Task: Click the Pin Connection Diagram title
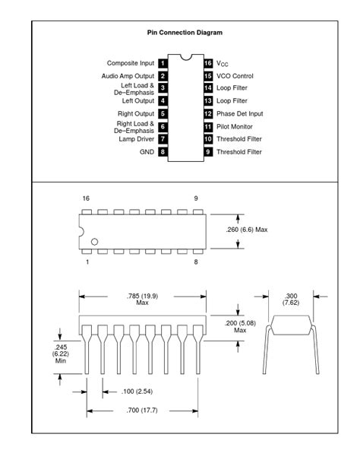click(185, 33)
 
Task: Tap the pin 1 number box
click(163, 63)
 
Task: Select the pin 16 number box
click(207, 63)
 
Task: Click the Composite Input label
click(131, 63)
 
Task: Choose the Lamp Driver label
click(137, 139)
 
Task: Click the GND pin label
click(146, 152)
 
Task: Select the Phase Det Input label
click(239, 113)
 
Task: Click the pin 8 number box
click(163, 152)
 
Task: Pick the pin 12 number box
click(207, 113)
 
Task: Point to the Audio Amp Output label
click(128, 76)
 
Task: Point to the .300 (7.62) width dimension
click(291, 299)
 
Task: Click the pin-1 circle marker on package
click(95, 243)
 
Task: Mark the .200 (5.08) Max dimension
click(240, 325)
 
